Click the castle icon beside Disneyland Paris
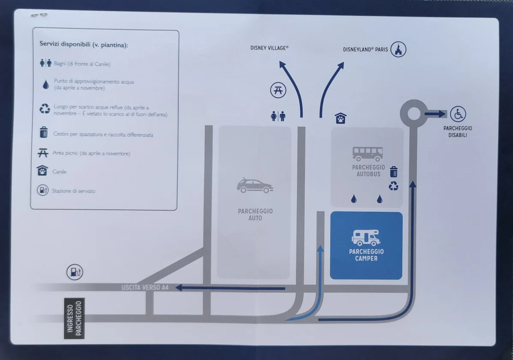(398, 49)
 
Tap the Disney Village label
(269, 48)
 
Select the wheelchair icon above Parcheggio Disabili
(458, 114)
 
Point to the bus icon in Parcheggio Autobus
(367, 153)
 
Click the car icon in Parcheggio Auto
(255, 186)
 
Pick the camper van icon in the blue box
(366, 237)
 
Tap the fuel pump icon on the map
(75, 272)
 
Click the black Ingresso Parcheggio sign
(74, 318)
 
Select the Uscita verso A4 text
(145, 287)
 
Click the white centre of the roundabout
(414, 114)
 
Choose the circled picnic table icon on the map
(278, 90)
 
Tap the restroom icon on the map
(278, 116)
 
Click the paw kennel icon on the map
(340, 118)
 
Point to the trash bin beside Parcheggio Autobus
(394, 172)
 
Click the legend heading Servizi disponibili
(84, 44)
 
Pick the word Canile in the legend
(60, 172)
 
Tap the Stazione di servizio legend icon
(42, 190)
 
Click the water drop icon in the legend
(46, 84)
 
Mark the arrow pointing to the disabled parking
(435, 114)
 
